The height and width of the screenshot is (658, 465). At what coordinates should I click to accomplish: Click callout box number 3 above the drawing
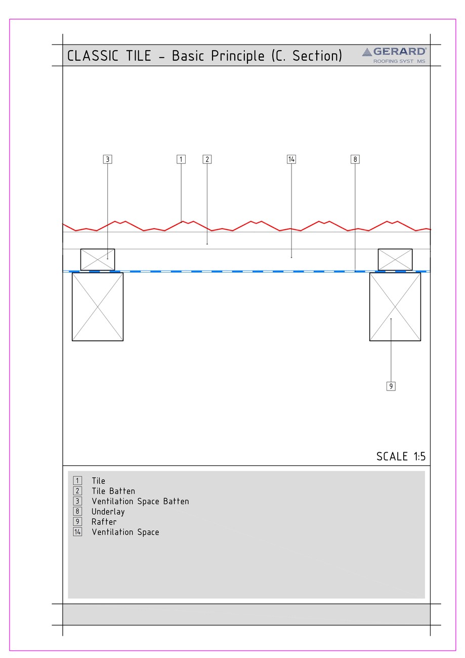pos(107,159)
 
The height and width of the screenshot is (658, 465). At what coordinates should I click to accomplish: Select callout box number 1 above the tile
pos(181,159)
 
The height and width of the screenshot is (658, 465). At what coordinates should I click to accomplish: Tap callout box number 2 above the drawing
pos(207,159)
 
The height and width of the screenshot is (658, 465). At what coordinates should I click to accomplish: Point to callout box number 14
pos(291,159)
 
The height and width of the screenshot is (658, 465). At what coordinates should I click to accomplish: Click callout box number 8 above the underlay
pos(355,159)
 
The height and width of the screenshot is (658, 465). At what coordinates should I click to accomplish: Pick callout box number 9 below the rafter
pos(391,386)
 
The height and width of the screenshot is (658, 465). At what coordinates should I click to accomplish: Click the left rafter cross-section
pos(98,306)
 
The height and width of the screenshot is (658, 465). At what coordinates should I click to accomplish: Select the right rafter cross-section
pos(395,306)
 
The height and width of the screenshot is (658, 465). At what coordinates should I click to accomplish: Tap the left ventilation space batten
pos(98,259)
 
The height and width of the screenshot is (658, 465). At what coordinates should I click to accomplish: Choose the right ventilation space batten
pos(395,259)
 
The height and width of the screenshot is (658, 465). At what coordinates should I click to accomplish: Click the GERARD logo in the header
pos(395,55)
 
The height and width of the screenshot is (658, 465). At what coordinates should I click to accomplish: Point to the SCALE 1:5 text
pos(401,457)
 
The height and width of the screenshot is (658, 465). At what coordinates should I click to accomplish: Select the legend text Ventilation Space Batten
pos(140,502)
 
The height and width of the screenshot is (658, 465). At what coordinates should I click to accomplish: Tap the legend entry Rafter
pos(104,522)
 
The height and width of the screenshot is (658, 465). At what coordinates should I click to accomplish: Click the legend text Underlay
pos(108,512)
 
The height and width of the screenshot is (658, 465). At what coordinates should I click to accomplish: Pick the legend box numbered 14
pos(77,532)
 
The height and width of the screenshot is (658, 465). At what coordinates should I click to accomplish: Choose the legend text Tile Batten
pos(113,491)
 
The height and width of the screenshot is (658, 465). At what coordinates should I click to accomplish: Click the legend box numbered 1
pos(77,481)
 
